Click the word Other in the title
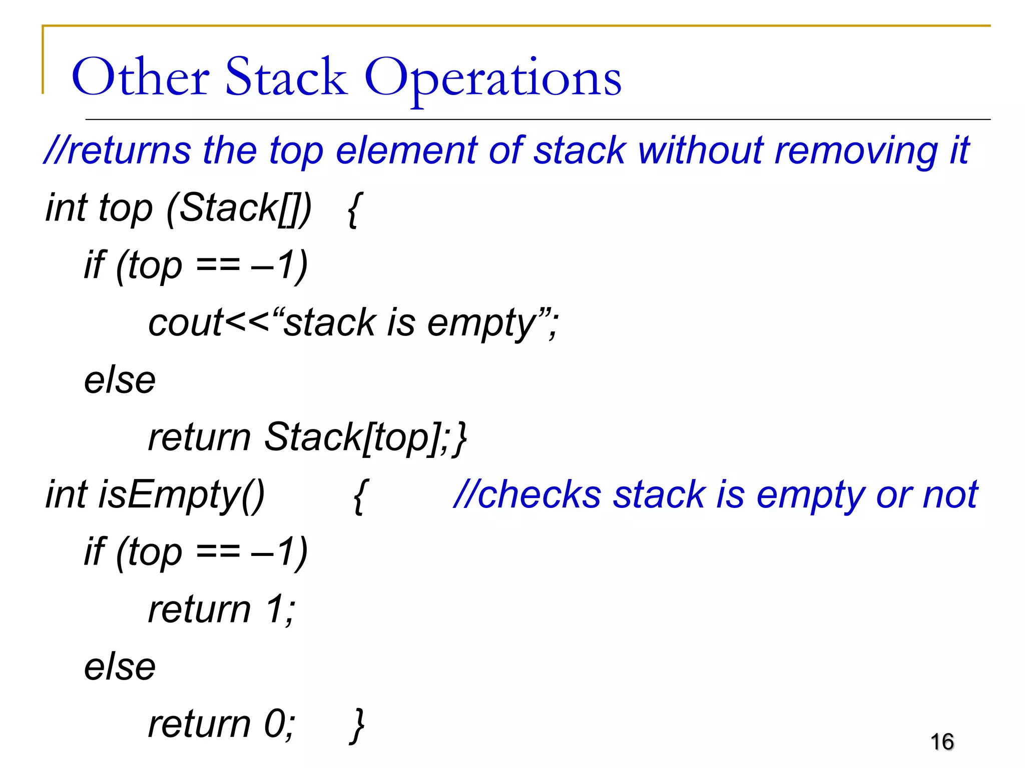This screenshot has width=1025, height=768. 141,77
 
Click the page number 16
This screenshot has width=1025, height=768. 942,741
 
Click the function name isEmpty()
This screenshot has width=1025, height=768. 181,495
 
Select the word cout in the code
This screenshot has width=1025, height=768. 185,322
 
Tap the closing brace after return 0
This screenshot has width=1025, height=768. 358,725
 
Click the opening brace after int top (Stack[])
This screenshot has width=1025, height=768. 353,209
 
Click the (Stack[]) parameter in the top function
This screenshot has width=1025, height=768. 239,208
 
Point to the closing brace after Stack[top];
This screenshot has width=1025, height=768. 459,438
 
